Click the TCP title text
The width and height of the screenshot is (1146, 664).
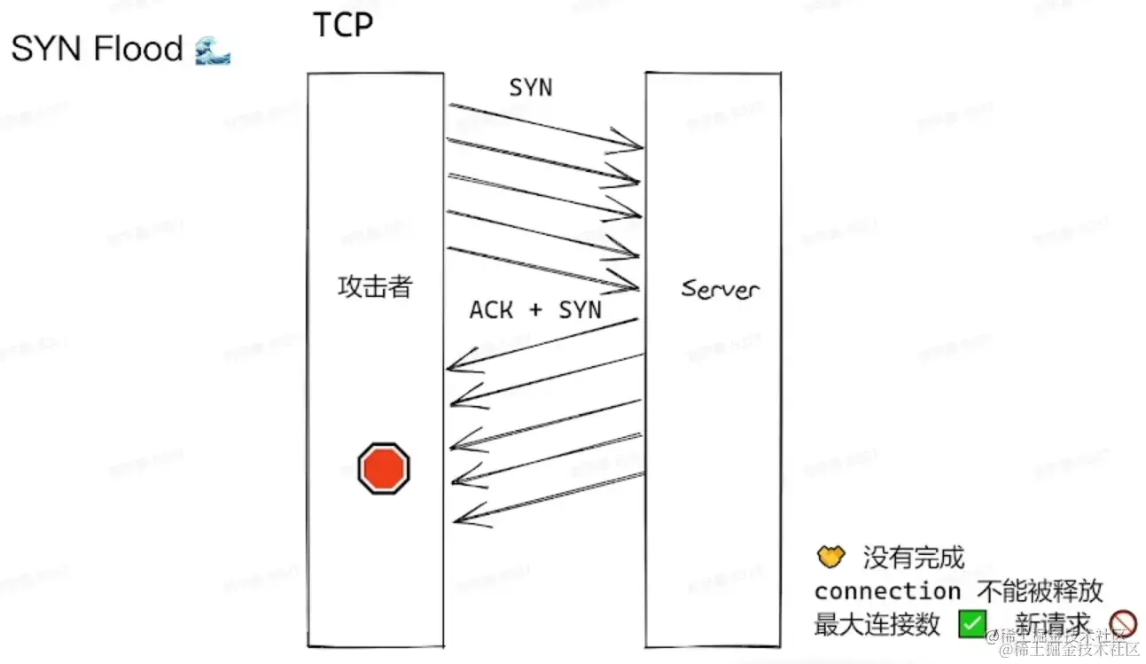click(x=343, y=25)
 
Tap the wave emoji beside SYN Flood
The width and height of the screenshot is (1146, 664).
click(x=213, y=50)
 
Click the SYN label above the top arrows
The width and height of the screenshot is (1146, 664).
click(x=530, y=87)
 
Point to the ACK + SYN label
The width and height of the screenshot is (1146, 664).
click(x=535, y=309)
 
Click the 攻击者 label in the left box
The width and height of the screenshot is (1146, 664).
click(x=375, y=287)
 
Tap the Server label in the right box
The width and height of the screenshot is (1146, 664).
click(x=720, y=289)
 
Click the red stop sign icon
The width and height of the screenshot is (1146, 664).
click(x=384, y=469)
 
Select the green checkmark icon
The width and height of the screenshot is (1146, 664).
click(x=972, y=624)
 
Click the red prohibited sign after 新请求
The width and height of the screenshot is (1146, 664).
click(x=1123, y=624)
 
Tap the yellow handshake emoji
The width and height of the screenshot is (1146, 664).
click(x=830, y=558)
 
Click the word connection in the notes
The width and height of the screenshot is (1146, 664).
click(x=887, y=591)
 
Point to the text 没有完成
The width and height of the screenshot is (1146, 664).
click(x=913, y=559)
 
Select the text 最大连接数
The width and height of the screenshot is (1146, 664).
click(x=877, y=624)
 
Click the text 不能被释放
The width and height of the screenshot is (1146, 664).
click(x=1040, y=591)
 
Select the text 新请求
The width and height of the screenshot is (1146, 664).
click(x=1052, y=624)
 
